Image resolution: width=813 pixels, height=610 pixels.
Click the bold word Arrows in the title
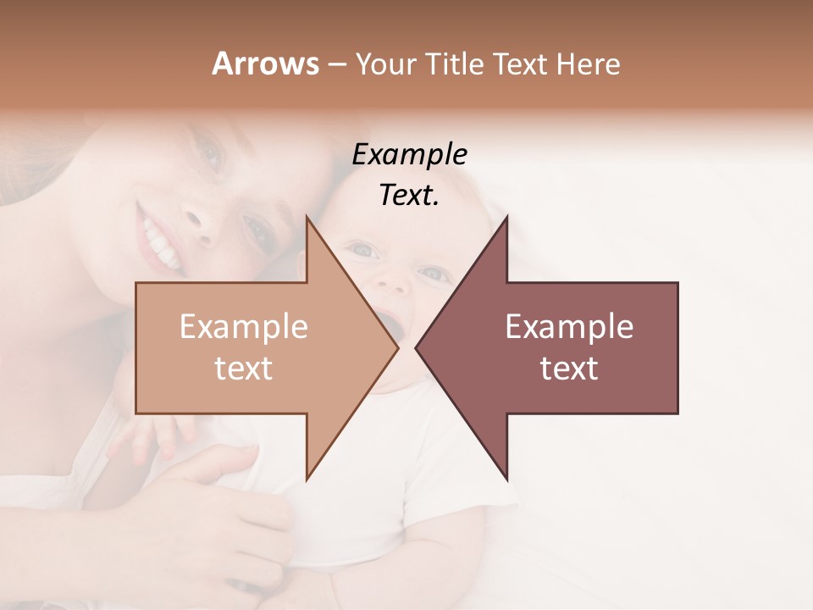coord(265,64)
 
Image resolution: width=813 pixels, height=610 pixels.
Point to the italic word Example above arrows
coord(409,154)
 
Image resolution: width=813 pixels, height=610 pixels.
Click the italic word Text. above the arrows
coord(409,195)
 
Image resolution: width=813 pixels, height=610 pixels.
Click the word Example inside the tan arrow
coord(243,327)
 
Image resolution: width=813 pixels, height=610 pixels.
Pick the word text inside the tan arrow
coord(243,369)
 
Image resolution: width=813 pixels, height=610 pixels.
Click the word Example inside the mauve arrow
coord(569,327)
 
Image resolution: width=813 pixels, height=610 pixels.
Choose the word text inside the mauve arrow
coord(569,369)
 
